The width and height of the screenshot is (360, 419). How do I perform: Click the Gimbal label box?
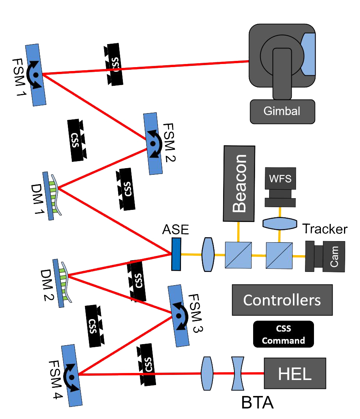(x=282, y=111)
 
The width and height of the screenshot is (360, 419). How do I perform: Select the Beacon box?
(x=239, y=183)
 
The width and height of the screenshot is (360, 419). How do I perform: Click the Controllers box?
(x=282, y=300)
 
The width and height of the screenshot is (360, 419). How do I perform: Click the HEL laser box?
(x=294, y=374)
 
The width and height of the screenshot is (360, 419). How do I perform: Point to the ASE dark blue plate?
(x=176, y=254)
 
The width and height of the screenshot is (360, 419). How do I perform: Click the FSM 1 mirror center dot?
(x=36, y=74)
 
